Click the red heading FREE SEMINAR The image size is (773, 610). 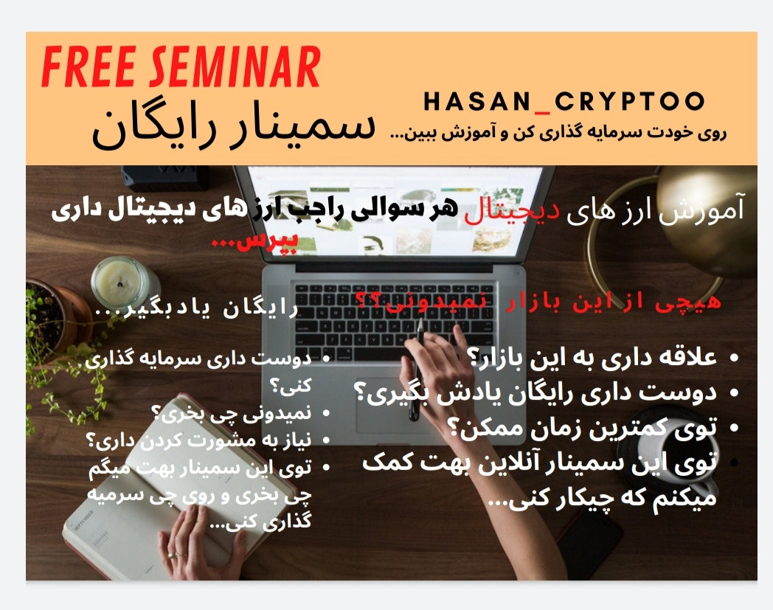[x=181, y=69]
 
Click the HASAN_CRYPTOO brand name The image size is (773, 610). [x=564, y=102]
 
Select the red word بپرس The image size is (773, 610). [x=235, y=241]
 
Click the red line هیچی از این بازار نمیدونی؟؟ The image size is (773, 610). [x=538, y=300]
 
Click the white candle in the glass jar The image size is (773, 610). [x=123, y=280]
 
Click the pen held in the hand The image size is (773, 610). [x=417, y=369]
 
